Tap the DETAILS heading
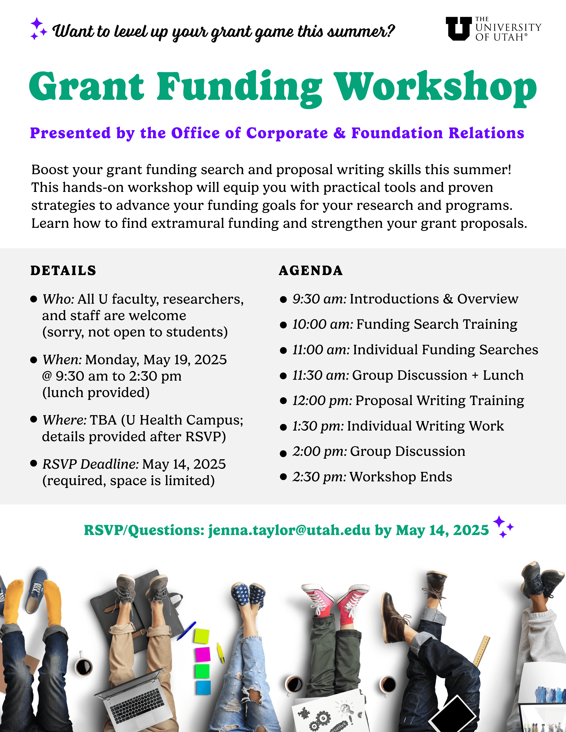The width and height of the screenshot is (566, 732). (63, 270)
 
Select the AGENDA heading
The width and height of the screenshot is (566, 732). (311, 270)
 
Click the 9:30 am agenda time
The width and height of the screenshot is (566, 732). (319, 299)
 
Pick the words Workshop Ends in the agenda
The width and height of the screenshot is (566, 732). (401, 477)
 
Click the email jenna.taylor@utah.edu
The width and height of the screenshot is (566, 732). (289, 530)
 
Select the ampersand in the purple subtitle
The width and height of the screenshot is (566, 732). (340, 133)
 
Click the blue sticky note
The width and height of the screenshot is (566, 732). (204, 687)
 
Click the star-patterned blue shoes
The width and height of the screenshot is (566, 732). (248, 595)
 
